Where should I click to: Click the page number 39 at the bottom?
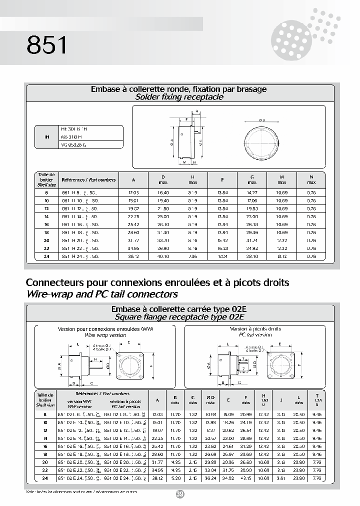(180, 494)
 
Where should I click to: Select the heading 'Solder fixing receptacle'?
(179, 97)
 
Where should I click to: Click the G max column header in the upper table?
(252, 179)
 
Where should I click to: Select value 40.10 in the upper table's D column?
(163, 256)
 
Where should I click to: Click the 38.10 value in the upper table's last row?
(252, 256)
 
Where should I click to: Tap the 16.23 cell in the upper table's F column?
(222, 248)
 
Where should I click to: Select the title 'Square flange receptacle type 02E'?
(179, 317)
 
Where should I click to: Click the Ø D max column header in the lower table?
(210, 400)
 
